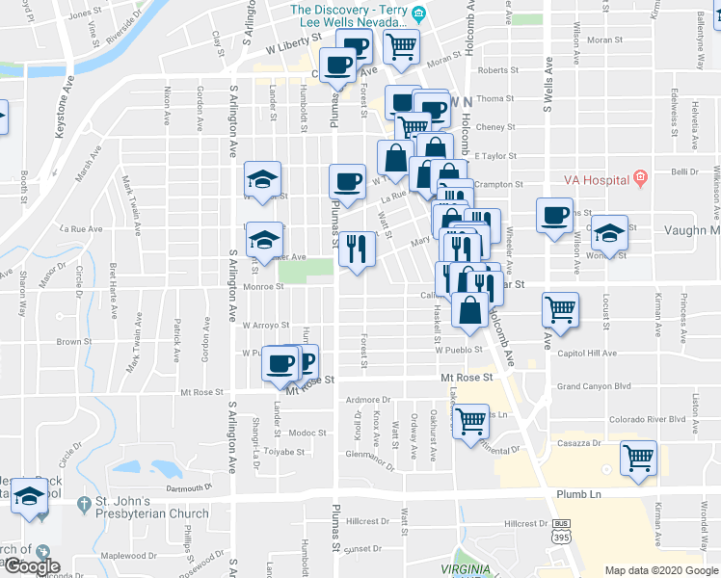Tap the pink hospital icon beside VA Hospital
639,179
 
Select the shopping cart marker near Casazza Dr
638,459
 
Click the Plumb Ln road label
578,493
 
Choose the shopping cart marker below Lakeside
470,422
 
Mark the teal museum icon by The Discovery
418,13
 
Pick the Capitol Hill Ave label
587,354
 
